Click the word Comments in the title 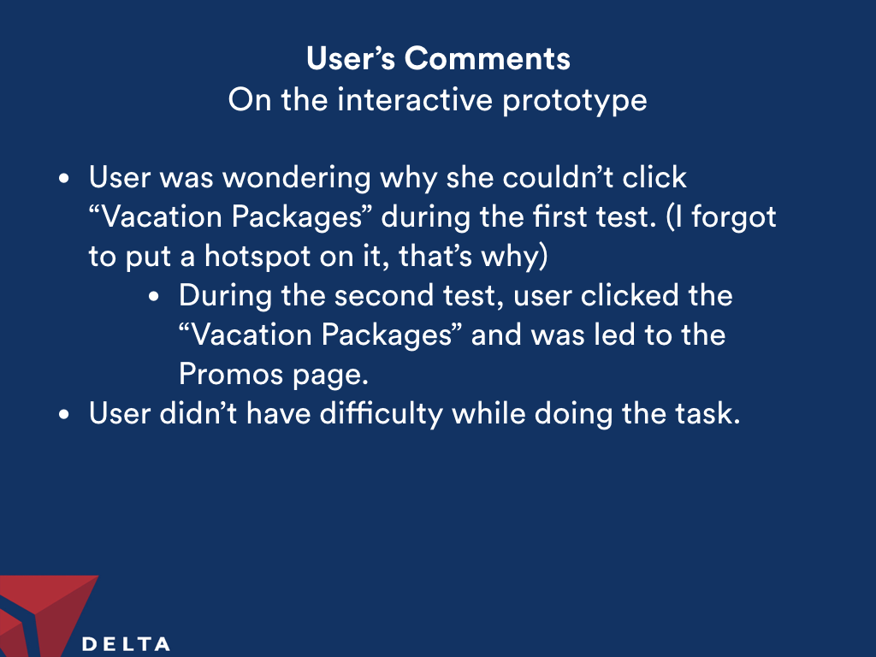[487, 58]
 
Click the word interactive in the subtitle [415, 100]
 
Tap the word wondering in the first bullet [297, 178]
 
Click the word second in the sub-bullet [383, 295]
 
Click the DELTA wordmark [127, 644]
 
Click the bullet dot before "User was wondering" [64, 179]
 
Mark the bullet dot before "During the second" [154, 297]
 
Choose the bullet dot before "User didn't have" [64, 415]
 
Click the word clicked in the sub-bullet [629, 295]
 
